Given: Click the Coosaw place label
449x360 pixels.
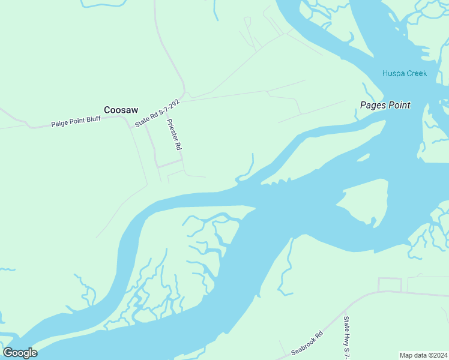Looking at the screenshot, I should [121, 110].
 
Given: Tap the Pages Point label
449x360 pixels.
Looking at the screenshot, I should [385, 105].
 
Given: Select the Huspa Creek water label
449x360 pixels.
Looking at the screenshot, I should [405, 73].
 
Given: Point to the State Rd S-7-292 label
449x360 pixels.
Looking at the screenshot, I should [157, 113].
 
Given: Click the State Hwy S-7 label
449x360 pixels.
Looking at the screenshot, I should [346, 339].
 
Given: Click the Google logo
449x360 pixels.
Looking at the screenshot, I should [20, 353].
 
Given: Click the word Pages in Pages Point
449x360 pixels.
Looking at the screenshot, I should [373, 105].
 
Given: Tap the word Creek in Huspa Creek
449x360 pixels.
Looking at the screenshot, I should [416, 73].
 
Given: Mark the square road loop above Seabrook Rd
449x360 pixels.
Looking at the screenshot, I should [390, 285].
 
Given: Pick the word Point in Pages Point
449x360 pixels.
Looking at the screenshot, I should [398, 105].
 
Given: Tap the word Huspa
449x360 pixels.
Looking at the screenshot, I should [393, 73].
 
